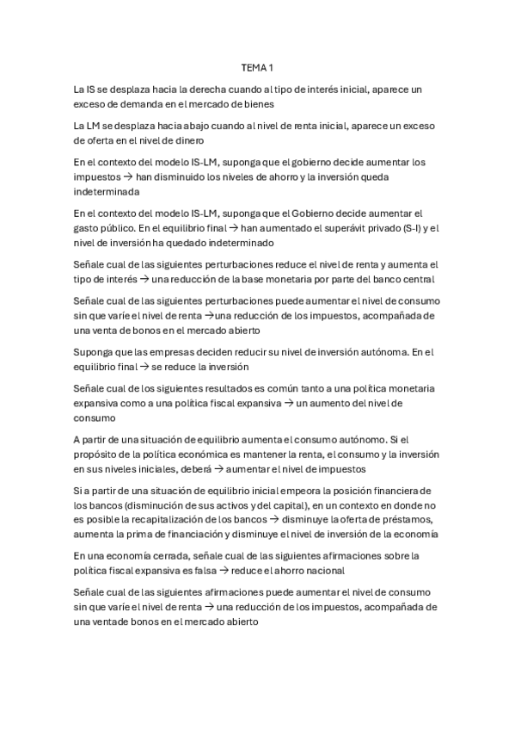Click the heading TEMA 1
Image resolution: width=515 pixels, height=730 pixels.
(257, 66)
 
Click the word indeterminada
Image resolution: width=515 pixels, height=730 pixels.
(109, 192)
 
